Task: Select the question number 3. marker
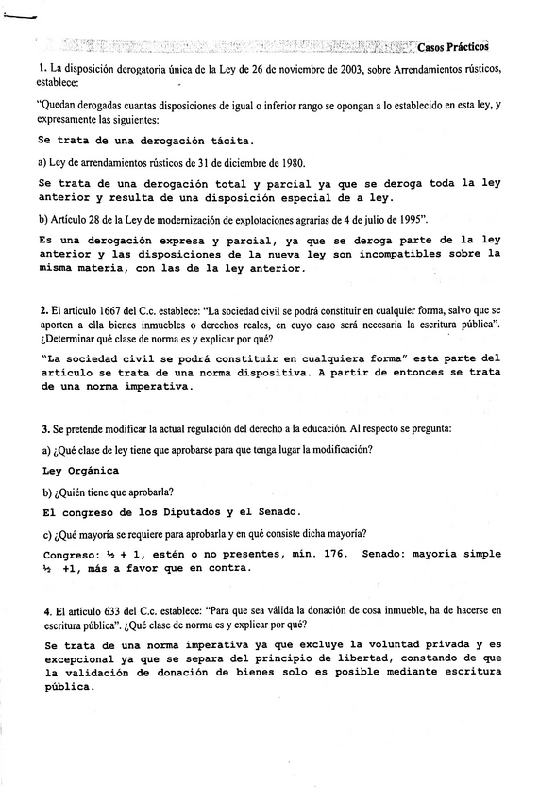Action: tap(44, 427)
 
